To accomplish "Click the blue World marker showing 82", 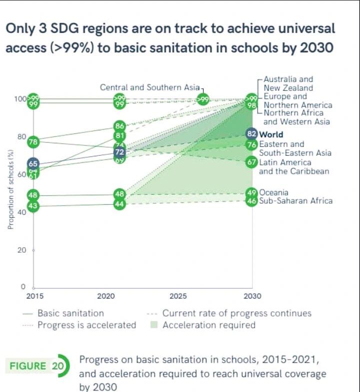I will tap(252, 134).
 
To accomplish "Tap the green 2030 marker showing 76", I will tap(252, 145).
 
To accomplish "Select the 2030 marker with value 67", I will tap(252, 162).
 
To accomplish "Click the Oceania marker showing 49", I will tap(252, 193).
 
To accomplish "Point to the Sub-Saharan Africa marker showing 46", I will tap(252, 201).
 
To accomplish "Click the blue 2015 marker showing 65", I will tap(33, 164).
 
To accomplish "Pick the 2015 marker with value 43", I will tap(33, 206).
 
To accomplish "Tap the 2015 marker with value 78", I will tap(33, 142).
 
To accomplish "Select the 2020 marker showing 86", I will tap(119, 125).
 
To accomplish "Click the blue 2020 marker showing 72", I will tap(119, 152).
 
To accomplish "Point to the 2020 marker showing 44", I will tap(119, 204).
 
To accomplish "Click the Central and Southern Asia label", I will tap(149, 87).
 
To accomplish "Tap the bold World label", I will tap(271, 134).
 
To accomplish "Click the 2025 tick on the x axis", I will tap(178, 296).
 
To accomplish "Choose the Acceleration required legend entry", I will tap(208, 325).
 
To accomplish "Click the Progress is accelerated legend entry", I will tap(86, 325).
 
